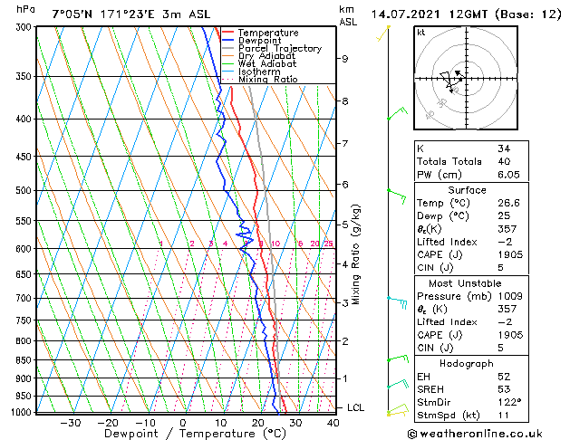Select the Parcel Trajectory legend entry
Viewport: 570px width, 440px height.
[274, 48]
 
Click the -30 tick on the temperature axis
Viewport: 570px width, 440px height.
[70, 422]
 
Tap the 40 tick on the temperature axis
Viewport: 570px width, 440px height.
[333, 422]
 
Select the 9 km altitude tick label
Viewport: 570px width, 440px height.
[345, 59]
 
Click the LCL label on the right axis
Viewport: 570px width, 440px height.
[355, 408]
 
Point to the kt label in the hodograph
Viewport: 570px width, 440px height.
[421, 33]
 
